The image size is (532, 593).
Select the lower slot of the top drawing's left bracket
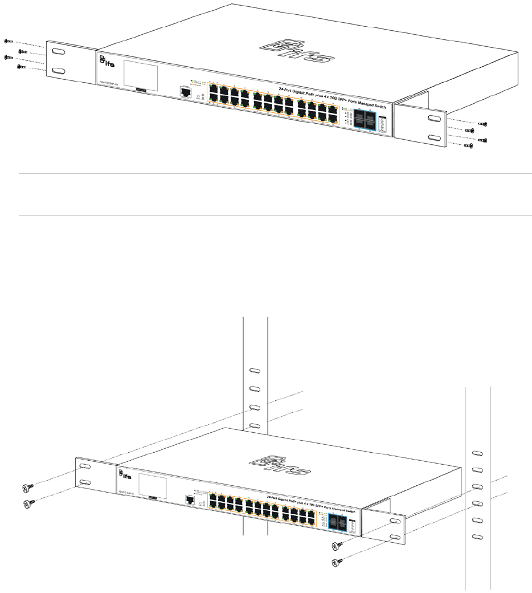(x=58, y=71)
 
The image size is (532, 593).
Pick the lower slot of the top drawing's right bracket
(x=433, y=139)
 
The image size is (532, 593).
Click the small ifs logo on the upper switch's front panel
(x=104, y=62)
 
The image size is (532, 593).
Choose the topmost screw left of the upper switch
(x=8, y=42)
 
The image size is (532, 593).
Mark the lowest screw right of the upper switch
(x=469, y=146)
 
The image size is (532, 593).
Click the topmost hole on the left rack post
(x=255, y=371)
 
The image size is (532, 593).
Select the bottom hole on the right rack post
(x=477, y=537)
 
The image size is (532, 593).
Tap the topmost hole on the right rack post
(x=477, y=452)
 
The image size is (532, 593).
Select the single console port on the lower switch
(x=189, y=499)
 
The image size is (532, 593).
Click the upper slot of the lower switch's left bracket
(x=85, y=466)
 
